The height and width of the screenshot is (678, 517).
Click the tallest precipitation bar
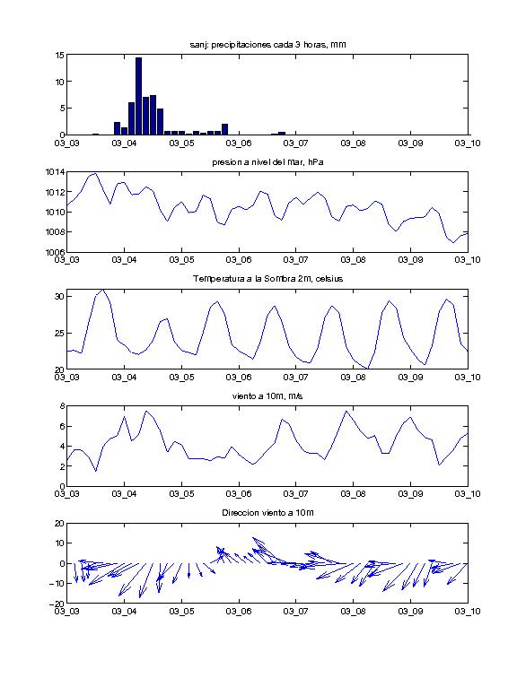138,96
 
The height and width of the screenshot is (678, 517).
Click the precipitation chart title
267,45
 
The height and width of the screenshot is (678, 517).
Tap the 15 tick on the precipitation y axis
60,55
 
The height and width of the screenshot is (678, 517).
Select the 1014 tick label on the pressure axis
55,172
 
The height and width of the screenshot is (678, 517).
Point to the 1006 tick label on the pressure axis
55,252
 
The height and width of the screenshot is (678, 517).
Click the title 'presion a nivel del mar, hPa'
267,162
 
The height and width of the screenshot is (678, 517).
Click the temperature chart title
267,279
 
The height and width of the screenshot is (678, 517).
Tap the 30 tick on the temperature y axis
60,296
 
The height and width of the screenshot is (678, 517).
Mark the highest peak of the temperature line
102,290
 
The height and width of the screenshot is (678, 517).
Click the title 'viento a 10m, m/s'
267,396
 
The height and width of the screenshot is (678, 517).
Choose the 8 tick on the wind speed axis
62,406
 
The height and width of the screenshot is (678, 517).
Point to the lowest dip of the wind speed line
96,471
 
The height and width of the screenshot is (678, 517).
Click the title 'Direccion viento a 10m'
267,513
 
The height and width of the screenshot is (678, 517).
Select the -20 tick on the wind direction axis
58,604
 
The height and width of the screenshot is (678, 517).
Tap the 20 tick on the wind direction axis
60,523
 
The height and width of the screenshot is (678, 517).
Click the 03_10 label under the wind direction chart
468,611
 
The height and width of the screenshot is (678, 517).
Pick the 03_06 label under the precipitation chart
239,143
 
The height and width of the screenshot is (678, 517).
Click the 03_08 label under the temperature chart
353,377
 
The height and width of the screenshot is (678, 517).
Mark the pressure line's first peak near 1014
95,174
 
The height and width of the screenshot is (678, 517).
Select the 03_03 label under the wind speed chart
67,494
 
